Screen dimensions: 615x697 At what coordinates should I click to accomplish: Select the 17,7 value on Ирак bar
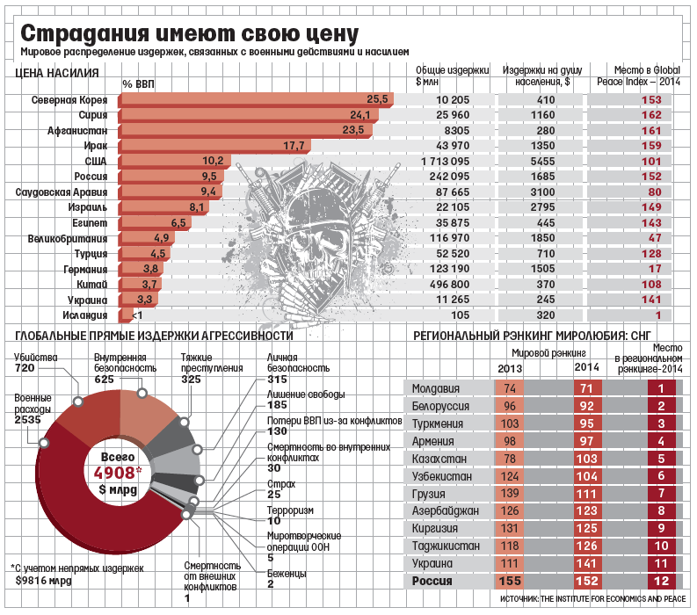[294, 146]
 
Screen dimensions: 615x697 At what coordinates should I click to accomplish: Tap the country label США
[95, 161]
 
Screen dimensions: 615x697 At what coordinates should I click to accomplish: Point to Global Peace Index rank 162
[651, 115]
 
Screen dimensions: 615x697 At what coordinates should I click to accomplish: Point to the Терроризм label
[289, 510]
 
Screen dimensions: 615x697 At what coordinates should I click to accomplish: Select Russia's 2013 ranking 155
[510, 581]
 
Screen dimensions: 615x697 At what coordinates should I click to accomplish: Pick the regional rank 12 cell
[660, 581]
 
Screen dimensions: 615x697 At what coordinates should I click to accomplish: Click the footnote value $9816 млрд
[47, 580]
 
